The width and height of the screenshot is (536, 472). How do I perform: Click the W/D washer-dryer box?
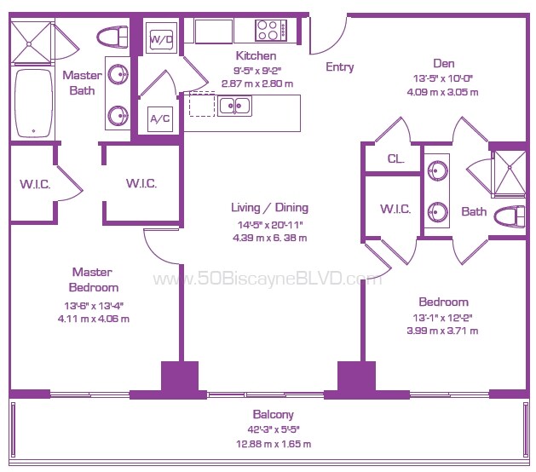coord(162,37)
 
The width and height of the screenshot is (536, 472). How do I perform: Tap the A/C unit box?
coord(160,119)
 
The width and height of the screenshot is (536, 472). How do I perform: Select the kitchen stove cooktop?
coord(271,30)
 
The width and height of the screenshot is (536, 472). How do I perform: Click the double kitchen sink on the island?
coord(234,106)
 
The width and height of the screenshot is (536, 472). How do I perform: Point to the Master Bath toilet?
coord(112,37)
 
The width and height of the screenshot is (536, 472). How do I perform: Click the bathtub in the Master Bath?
coord(33,104)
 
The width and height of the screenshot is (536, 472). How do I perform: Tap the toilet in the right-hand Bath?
coord(510,217)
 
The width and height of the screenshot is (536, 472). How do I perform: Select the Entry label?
coord(339,67)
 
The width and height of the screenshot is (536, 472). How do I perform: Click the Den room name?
coord(444,64)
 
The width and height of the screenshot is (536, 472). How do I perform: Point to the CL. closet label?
coord(396,158)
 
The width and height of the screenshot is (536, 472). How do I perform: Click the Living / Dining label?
coord(270,208)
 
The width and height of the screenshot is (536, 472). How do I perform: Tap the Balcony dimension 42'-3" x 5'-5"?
coord(274,429)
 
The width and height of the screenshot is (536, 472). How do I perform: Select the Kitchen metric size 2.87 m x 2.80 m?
coord(257,83)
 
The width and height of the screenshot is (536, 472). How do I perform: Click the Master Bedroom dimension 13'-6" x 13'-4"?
coord(94,306)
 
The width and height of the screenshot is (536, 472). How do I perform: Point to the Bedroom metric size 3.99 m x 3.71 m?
coord(442,331)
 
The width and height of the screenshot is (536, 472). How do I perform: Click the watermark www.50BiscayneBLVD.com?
coord(268,279)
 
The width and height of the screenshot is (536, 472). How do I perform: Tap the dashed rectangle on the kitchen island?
coord(202,104)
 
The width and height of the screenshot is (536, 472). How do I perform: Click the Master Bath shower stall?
coord(32,43)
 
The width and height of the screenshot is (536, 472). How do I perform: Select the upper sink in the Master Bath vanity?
coord(118,74)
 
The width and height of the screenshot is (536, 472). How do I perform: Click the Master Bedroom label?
coord(94,279)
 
